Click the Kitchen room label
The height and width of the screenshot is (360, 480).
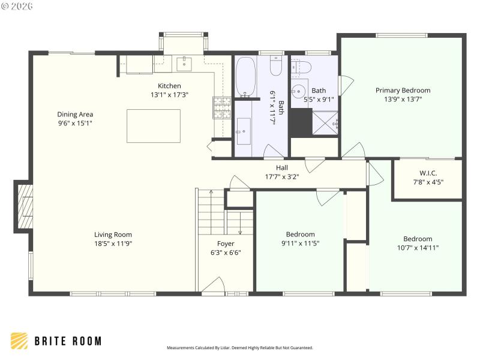169,86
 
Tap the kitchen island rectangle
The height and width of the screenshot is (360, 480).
153,126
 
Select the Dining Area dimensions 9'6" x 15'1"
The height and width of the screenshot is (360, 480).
75,123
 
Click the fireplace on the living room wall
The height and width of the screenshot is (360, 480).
24,206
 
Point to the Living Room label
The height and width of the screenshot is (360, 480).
113,235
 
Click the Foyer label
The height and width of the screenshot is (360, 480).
226,244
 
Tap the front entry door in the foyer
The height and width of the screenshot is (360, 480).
212,288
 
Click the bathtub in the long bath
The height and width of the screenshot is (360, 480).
245,77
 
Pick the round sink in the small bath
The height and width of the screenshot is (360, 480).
299,91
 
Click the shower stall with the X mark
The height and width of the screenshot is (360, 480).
326,124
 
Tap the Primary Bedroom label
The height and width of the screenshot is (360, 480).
403,91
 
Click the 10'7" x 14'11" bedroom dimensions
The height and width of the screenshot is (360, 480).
418,247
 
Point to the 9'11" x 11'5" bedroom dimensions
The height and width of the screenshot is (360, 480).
300,244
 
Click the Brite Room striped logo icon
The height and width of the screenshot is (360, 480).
19,341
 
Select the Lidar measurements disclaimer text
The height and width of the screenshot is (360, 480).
239,347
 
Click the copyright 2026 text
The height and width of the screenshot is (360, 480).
17,6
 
